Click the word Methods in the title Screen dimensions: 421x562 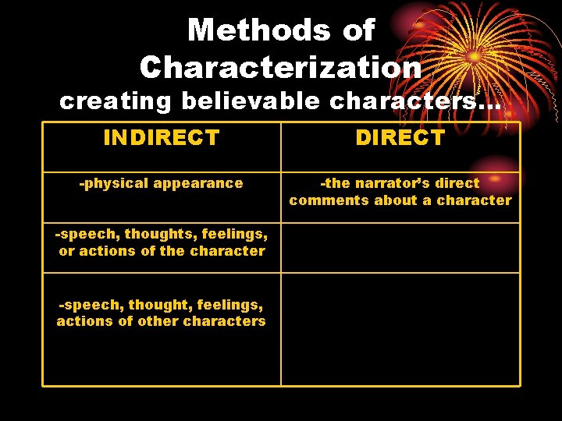tap(247, 31)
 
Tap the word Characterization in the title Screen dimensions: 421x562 tap(281, 67)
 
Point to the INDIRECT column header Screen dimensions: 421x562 tap(162, 138)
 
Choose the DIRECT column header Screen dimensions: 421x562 tap(400, 138)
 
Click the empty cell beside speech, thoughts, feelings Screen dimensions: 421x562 tap(400, 248)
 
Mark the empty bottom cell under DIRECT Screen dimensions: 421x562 tap(400, 329)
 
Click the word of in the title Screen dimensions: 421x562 tap(358, 31)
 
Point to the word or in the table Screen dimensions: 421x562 tap(66, 251)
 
